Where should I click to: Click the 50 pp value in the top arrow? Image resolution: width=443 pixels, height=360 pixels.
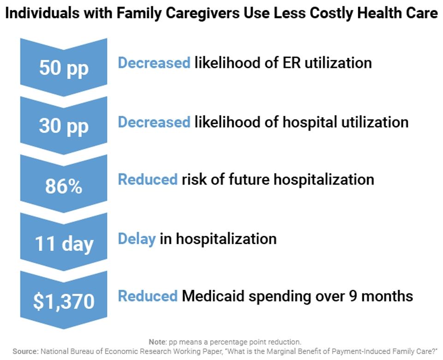64,68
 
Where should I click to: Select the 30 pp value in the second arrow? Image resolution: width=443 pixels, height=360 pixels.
64,126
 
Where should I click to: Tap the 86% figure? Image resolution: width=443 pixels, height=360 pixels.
64,186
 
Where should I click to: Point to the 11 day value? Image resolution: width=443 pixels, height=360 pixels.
64,243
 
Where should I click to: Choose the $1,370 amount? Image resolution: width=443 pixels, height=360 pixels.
64,302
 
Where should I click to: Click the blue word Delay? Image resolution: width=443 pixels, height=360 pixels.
137,239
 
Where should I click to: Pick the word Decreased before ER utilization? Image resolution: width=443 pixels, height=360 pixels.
154,62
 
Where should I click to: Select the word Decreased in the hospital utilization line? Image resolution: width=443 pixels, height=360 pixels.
154,122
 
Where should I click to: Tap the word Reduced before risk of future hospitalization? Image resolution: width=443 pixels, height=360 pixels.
148,179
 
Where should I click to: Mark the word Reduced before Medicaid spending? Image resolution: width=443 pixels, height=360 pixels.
148,296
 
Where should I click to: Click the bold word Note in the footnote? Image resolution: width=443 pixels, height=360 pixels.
157,342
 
